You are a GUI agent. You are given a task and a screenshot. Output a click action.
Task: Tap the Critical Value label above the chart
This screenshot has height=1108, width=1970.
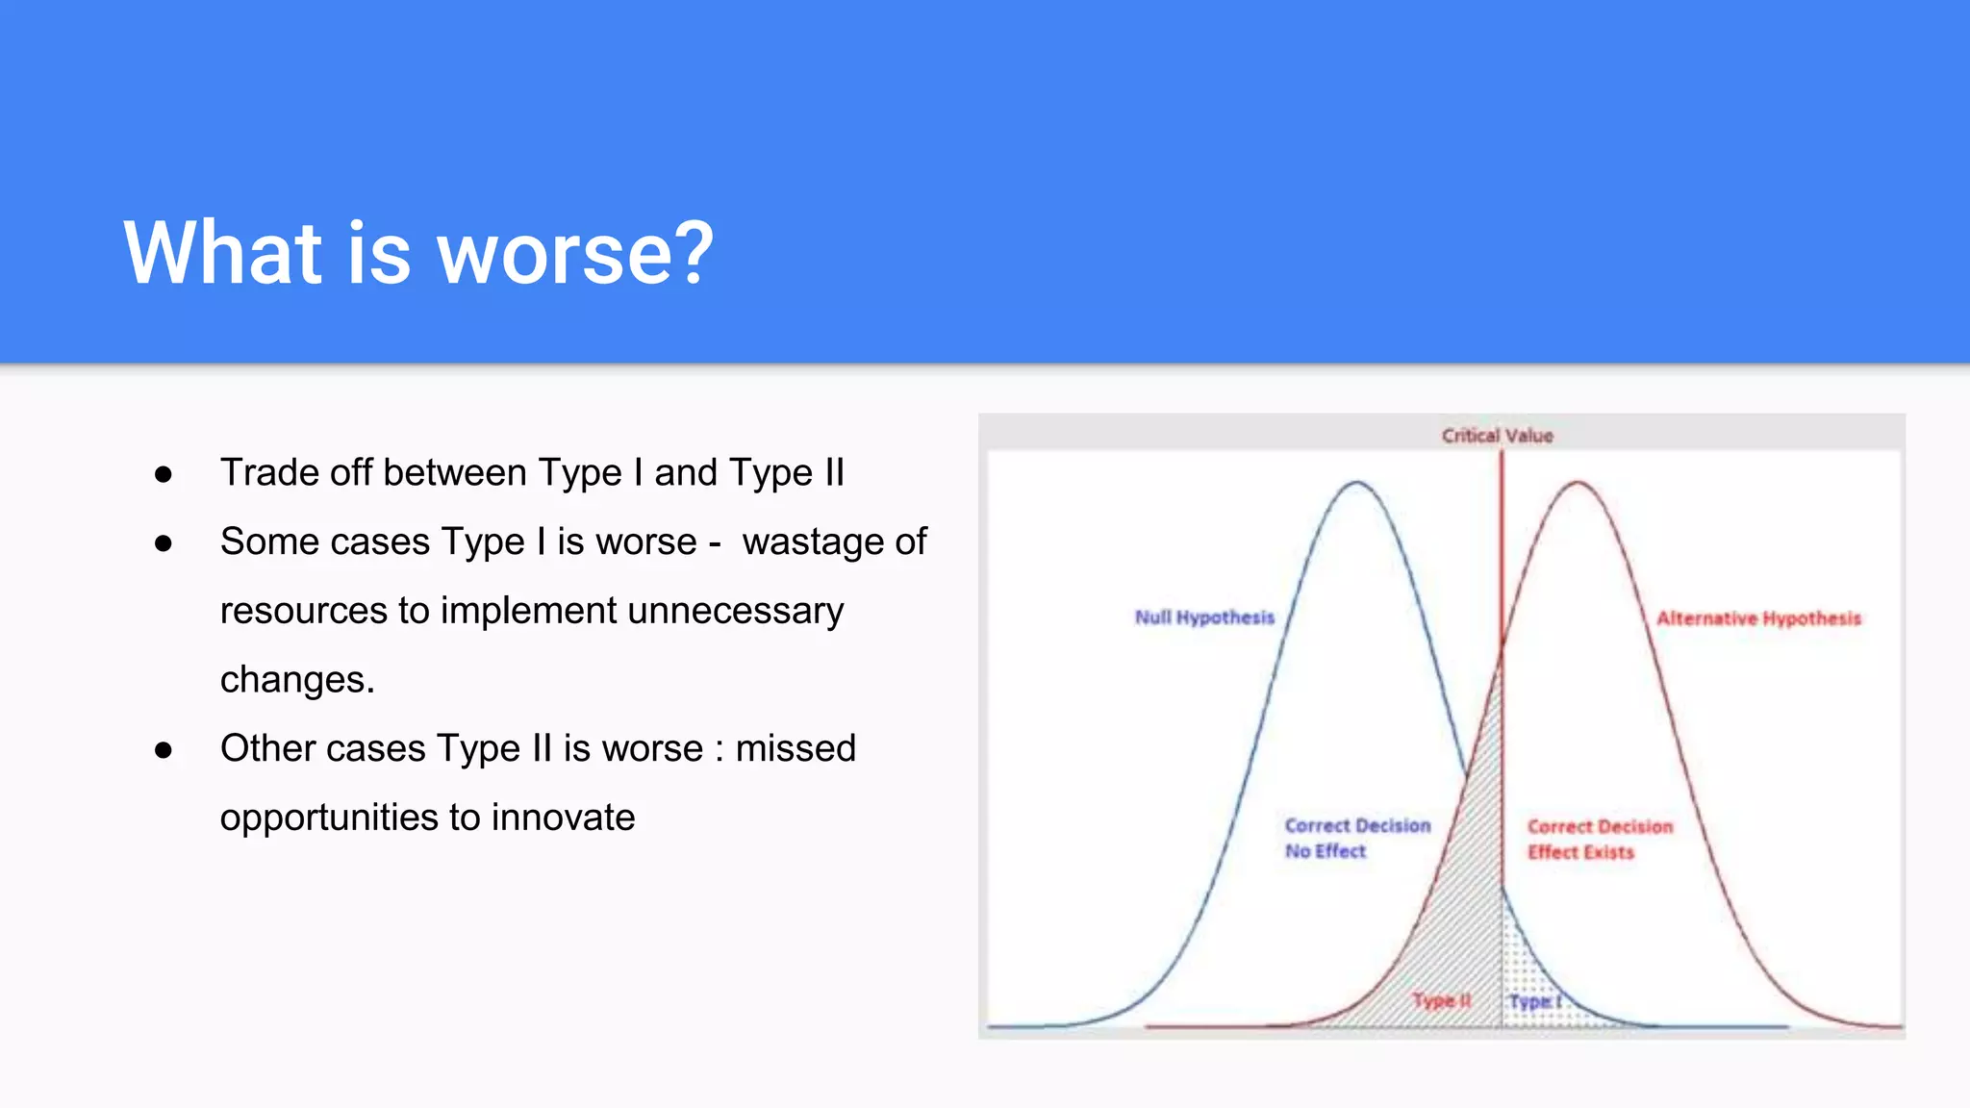click(x=1497, y=436)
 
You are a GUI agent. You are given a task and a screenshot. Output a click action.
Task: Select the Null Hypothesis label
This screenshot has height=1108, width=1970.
click(x=1204, y=617)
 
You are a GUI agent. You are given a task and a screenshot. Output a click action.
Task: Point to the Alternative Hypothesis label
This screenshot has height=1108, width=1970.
click(x=1758, y=618)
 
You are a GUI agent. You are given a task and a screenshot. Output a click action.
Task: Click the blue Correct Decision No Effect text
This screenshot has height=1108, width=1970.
click(x=1356, y=838)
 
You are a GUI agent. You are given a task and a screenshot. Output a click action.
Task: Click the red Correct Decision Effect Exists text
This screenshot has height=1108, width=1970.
click(x=1600, y=839)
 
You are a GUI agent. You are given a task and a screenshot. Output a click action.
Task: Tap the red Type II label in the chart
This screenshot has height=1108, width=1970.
click(x=1441, y=1000)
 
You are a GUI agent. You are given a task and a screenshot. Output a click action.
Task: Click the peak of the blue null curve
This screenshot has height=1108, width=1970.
click(x=1356, y=482)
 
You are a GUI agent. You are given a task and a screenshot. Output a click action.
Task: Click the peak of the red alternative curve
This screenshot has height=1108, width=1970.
click(x=1578, y=482)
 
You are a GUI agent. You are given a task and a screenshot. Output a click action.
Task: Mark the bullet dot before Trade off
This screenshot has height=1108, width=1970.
click(x=164, y=474)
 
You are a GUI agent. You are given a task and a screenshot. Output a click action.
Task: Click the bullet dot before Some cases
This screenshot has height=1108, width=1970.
click(x=164, y=543)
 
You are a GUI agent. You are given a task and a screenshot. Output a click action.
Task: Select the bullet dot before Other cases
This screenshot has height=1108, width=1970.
click(x=164, y=750)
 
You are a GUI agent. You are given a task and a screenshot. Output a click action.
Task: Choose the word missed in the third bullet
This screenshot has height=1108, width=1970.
click(x=796, y=748)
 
